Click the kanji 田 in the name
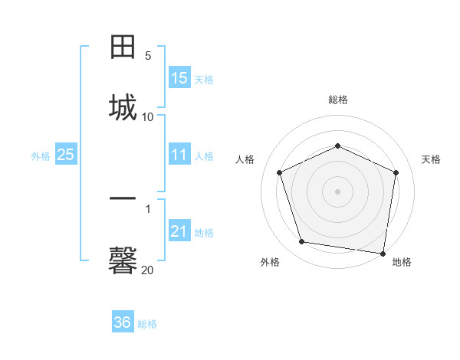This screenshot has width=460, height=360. (123, 47)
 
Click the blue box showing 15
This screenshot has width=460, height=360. (179, 78)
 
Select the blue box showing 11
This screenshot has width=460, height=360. (179, 155)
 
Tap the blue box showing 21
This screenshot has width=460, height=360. (179, 231)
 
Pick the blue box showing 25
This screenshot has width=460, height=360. (66, 155)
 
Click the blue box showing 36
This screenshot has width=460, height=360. (123, 322)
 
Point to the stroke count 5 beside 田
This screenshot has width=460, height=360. (148, 55)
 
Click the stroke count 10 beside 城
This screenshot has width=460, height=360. (148, 116)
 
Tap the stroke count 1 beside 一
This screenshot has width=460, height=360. (148, 208)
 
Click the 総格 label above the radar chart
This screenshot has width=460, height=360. (338, 100)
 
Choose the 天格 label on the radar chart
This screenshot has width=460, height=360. (431, 159)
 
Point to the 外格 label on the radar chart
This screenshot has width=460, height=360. (270, 262)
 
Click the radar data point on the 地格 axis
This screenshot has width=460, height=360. (383, 253)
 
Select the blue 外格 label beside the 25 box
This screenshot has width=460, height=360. (41, 156)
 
